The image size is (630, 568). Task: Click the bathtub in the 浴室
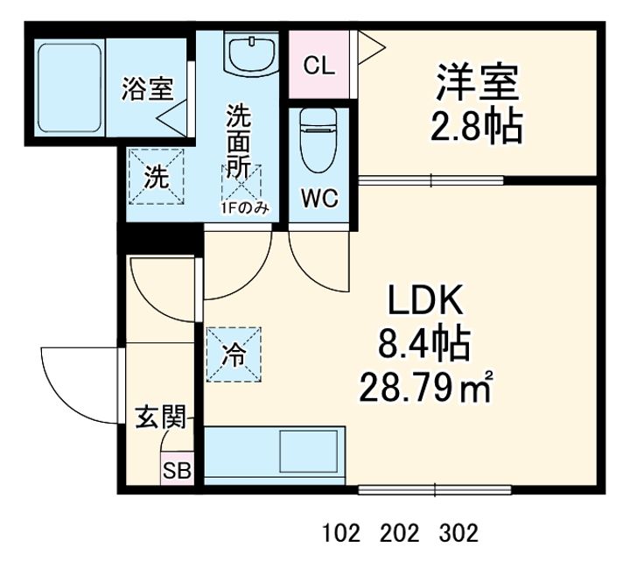click(x=69, y=88)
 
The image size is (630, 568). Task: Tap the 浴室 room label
click(x=148, y=88)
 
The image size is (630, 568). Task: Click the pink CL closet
click(x=319, y=64)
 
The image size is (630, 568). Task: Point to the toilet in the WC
click(x=318, y=140)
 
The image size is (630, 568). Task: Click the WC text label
click(x=320, y=198)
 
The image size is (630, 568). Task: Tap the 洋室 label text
click(x=478, y=82)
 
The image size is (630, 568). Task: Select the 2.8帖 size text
click(x=477, y=127)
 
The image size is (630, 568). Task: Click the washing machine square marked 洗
click(x=156, y=177)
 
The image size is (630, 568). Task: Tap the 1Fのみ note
click(x=244, y=207)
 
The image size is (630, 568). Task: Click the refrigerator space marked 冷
click(x=234, y=354)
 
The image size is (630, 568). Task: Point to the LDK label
click(x=425, y=300)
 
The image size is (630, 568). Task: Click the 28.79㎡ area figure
click(x=426, y=388)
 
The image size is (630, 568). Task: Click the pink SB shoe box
click(x=177, y=469)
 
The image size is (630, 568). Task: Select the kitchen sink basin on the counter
click(x=309, y=451)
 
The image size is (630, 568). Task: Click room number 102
click(x=341, y=533)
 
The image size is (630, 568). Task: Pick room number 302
click(x=458, y=533)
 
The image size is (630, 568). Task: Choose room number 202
click(x=400, y=533)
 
